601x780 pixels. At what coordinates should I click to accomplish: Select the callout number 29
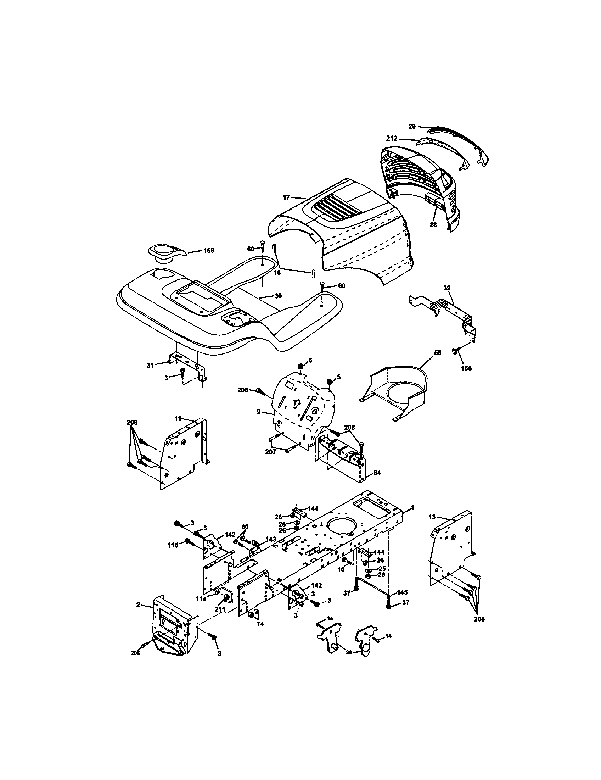click(x=412, y=127)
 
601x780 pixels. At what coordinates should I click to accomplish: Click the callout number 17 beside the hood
click(x=286, y=197)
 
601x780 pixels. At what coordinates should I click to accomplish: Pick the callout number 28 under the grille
click(x=433, y=225)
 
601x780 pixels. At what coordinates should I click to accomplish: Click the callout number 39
click(x=447, y=288)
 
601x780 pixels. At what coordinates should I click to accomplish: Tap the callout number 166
click(x=466, y=368)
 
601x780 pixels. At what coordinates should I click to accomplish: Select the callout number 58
click(x=438, y=352)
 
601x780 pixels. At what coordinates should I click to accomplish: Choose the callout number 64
click(x=377, y=473)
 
